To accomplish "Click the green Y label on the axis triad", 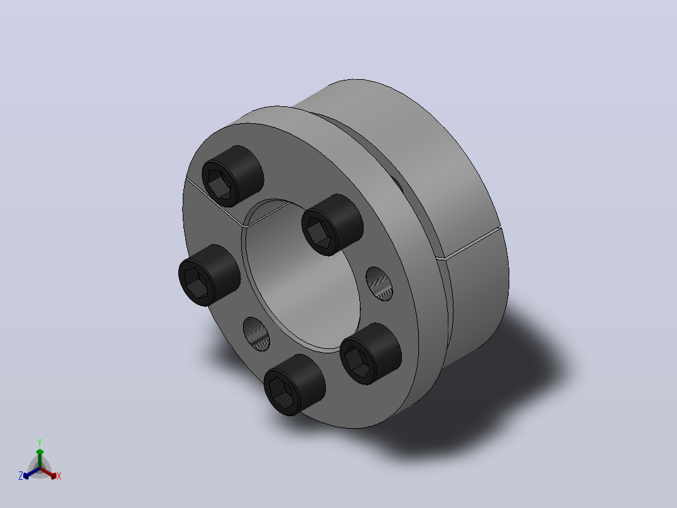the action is point(40,443).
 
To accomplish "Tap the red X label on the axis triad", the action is point(59,476).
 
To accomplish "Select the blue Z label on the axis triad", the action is point(21,476).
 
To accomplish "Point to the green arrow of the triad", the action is point(40,458).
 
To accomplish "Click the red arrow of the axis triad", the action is point(48,473).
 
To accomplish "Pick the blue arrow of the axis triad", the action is point(31,473).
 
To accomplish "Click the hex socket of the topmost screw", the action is point(219,184).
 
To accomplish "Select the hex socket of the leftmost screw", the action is point(197,283).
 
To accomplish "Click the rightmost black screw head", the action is point(371,353).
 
